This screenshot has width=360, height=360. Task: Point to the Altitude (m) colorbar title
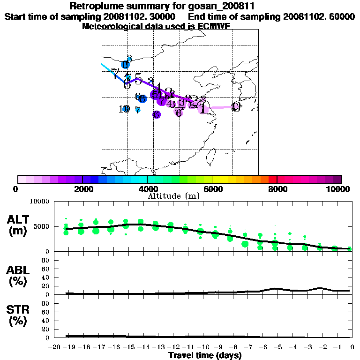click(x=173, y=195)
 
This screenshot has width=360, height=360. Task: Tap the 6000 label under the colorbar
click(x=212, y=189)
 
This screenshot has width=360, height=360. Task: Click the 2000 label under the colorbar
click(x=82, y=189)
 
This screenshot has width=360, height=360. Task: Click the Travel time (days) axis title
click(x=205, y=355)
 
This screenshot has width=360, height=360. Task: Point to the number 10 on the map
click(x=124, y=109)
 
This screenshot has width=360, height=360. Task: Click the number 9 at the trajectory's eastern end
click(x=237, y=107)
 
